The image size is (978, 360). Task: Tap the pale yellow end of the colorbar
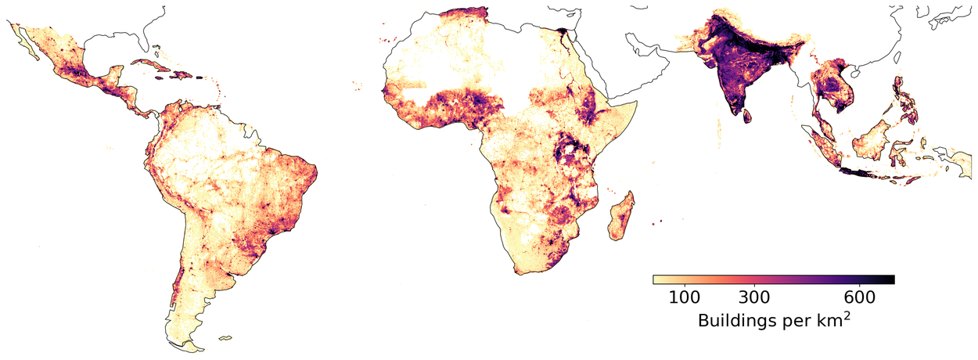[x=656, y=279]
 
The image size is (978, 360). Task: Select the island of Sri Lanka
[x=746, y=116]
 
